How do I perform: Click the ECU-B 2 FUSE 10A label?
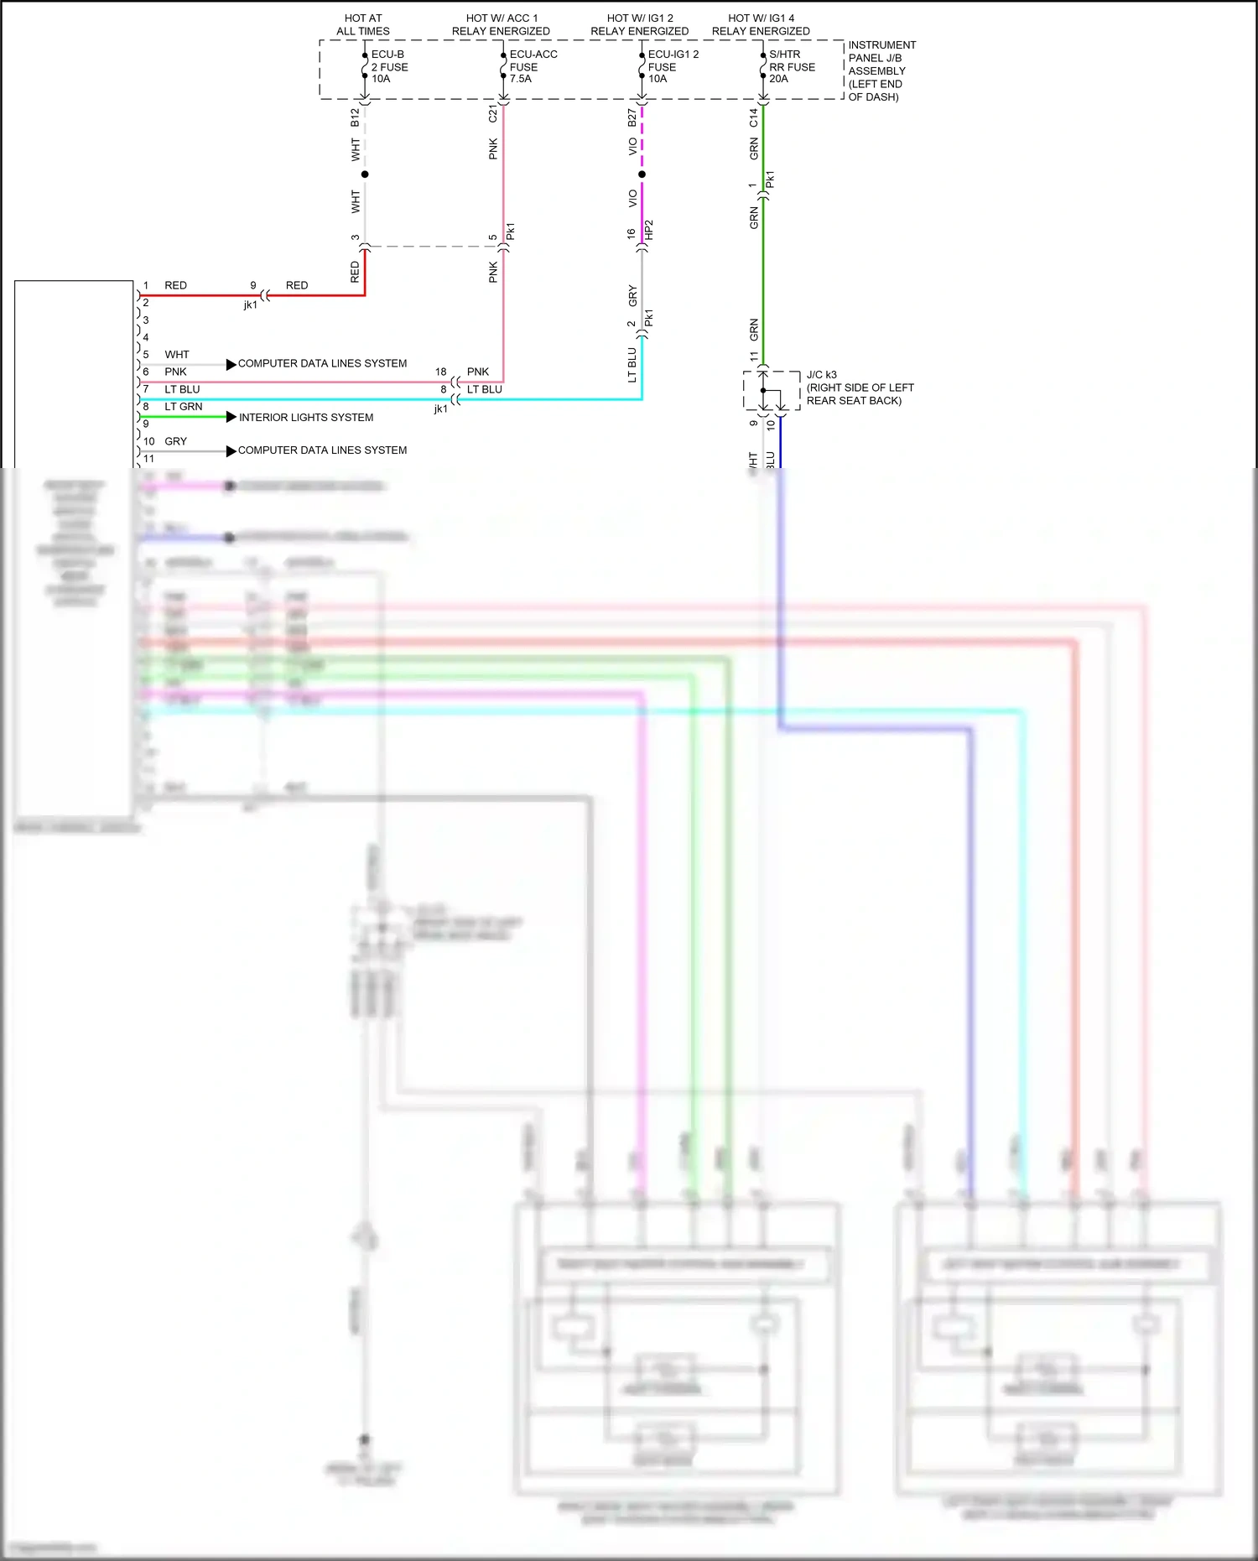[x=389, y=67]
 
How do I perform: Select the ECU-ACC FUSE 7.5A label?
[x=533, y=67]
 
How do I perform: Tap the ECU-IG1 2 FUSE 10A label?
[x=673, y=67]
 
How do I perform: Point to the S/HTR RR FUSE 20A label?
[x=792, y=67]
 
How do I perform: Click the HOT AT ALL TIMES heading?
[x=363, y=24]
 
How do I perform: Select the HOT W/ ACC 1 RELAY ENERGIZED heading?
[x=501, y=24]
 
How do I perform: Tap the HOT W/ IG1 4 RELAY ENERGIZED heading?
[x=761, y=24]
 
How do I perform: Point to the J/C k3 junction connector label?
[x=860, y=388]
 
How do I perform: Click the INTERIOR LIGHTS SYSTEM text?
[x=306, y=418]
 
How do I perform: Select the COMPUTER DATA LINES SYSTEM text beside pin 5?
[x=322, y=363]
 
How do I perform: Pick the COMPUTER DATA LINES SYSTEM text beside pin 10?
[x=322, y=450]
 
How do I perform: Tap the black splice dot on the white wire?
[x=365, y=174]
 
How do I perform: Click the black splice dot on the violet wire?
[x=642, y=174]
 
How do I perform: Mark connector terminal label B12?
[x=355, y=117]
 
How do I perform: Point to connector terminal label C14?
[x=753, y=117]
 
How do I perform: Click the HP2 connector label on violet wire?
[x=649, y=231]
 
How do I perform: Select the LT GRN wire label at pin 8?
[x=183, y=407]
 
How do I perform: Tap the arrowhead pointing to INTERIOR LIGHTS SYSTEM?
[x=231, y=417]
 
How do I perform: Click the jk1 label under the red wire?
[x=250, y=305]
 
